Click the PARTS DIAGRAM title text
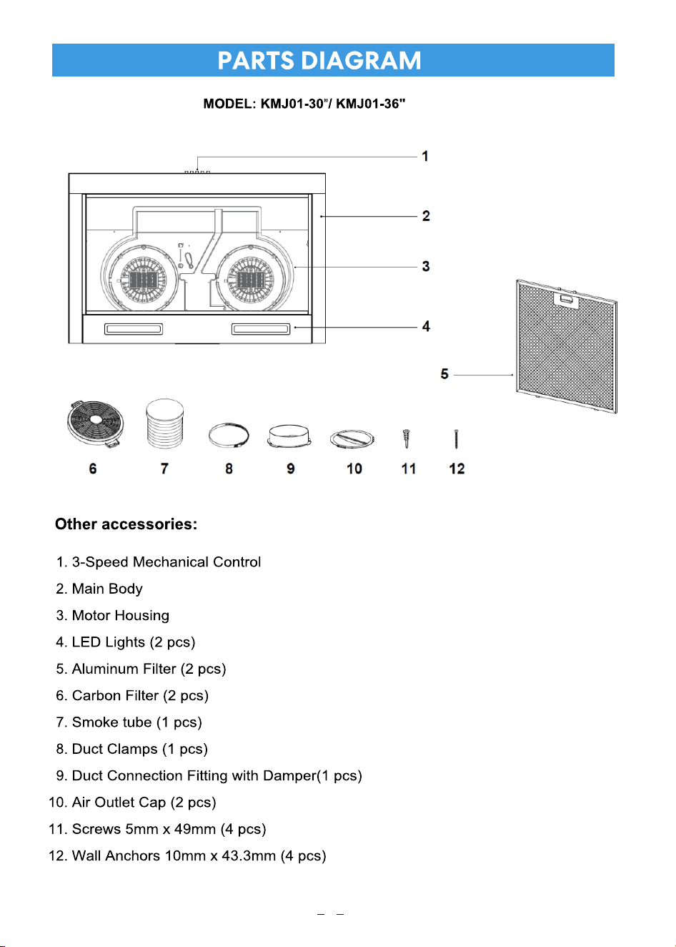click(x=319, y=61)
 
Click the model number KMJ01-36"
click(x=371, y=104)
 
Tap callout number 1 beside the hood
click(x=425, y=157)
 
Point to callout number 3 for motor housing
click(x=426, y=266)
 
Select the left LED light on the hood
click(x=134, y=329)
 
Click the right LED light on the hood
click(x=261, y=329)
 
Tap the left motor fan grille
click(x=144, y=279)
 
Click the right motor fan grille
click(x=251, y=279)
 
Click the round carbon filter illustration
click(x=96, y=423)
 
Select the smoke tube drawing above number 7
click(x=165, y=423)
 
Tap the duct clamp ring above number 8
click(x=229, y=436)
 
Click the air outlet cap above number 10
click(x=352, y=439)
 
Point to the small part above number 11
click(x=407, y=439)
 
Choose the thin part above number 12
click(x=457, y=439)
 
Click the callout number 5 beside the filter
click(x=444, y=374)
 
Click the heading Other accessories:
click(x=126, y=524)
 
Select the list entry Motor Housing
click(x=121, y=616)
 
